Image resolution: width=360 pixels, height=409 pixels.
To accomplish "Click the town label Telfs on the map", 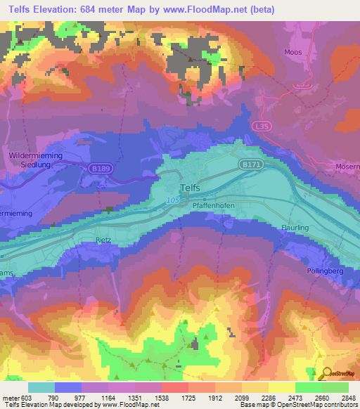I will (x=190, y=188).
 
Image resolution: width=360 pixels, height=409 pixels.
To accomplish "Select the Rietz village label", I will (x=104, y=240).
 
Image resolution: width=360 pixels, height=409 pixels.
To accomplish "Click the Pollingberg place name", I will (x=325, y=271).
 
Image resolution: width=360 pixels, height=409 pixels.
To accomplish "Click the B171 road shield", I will (x=247, y=163).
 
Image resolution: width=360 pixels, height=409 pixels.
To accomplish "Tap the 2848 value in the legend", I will (x=340, y=397).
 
